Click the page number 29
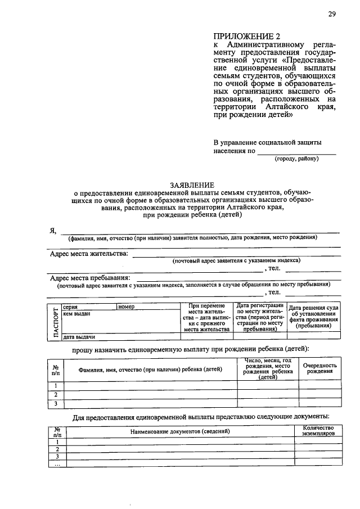click(x=332, y=15)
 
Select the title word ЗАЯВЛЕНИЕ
click(x=192, y=185)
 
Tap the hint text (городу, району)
click(x=296, y=159)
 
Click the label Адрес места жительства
click(x=89, y=254)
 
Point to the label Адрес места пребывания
click(x=90, y=278)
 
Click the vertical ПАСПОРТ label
click(x=56, y=322)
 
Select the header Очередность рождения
click(x=319, y=368)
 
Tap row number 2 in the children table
click(x=56, y=394)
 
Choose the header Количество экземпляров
click(x=318, y=431)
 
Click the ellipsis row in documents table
click(x=56, y=464)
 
